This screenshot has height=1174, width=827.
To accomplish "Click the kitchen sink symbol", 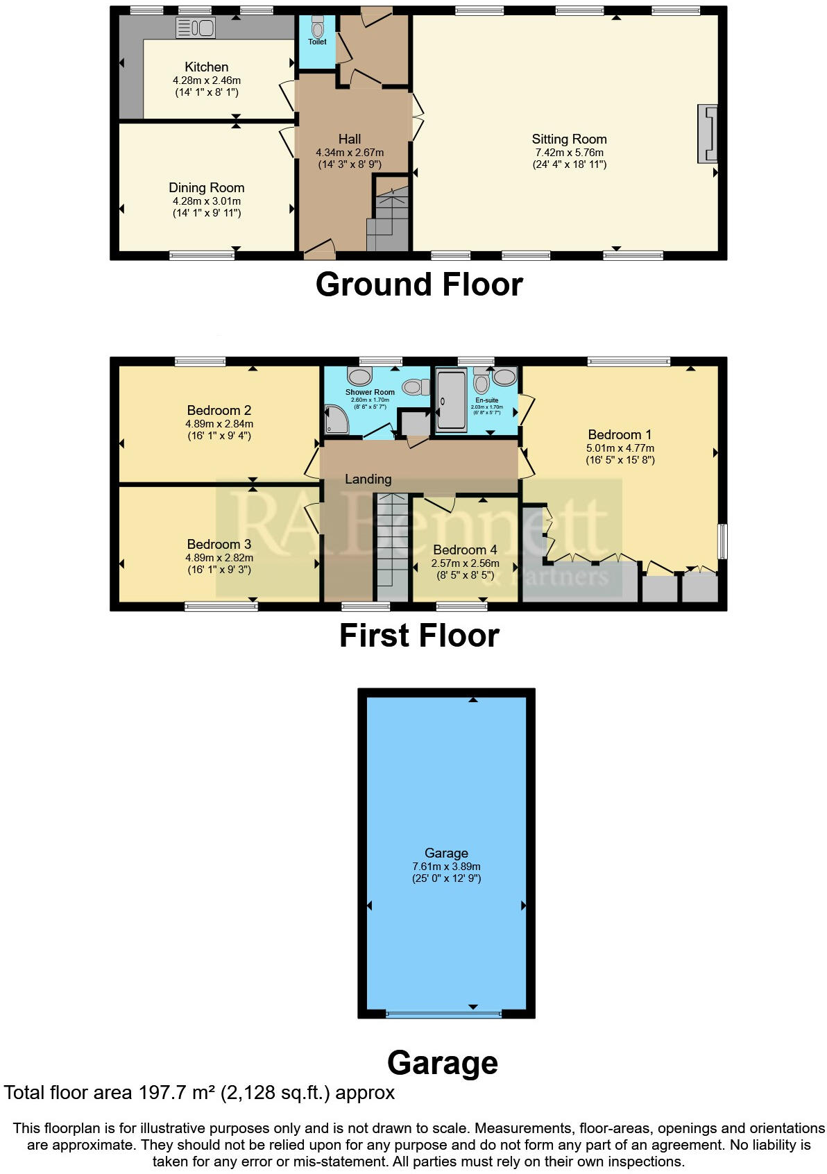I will tap(196, 28).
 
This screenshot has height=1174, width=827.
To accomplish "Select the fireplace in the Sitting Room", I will tap(708, 134).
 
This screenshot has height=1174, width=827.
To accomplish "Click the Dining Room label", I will tap(206, 188).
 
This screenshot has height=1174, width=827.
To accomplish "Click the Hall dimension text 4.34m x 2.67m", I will tap(350, 153).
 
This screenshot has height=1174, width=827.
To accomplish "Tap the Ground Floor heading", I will tap(418, 285).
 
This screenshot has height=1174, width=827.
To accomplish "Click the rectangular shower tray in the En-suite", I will tap(452, 400).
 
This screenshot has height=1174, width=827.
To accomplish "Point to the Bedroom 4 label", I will tap(465, 550).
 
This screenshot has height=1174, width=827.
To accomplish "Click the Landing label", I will tap(368, 479).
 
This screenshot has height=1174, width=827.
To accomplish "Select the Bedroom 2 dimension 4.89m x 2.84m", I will tap(219, 424).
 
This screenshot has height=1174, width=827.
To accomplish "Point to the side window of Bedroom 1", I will tap(722, 541).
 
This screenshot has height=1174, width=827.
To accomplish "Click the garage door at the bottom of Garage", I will tap(443, 1014).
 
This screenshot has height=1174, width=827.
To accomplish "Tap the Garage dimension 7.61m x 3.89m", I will tap(446, 867).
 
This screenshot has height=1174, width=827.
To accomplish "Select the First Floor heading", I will tap(418, 636).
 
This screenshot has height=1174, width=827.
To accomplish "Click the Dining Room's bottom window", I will tap(202, 255).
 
